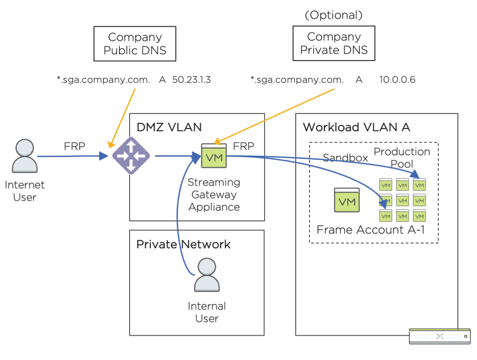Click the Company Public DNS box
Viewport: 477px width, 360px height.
point(135,44)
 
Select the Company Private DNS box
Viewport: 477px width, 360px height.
point(334,43)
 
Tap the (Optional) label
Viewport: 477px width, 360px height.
point(334,15)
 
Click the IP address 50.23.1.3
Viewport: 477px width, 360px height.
point(191,80)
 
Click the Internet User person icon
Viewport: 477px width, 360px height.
point(24,157)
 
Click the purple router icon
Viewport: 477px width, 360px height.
point(131,156)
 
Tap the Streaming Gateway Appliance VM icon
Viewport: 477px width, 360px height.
point(214,156)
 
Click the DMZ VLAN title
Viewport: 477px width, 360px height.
point(169,127)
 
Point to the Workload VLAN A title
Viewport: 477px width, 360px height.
point(356,127)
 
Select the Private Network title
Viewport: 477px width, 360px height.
point(183,244)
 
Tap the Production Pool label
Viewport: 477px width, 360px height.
point(402,158)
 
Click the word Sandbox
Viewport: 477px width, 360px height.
point(345,158)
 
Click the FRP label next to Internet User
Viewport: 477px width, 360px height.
point(74,146)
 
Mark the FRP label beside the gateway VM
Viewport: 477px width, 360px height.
point(244,146)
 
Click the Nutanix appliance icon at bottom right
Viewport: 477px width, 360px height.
point(440,336)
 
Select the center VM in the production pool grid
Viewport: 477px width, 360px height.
point(403,200)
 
